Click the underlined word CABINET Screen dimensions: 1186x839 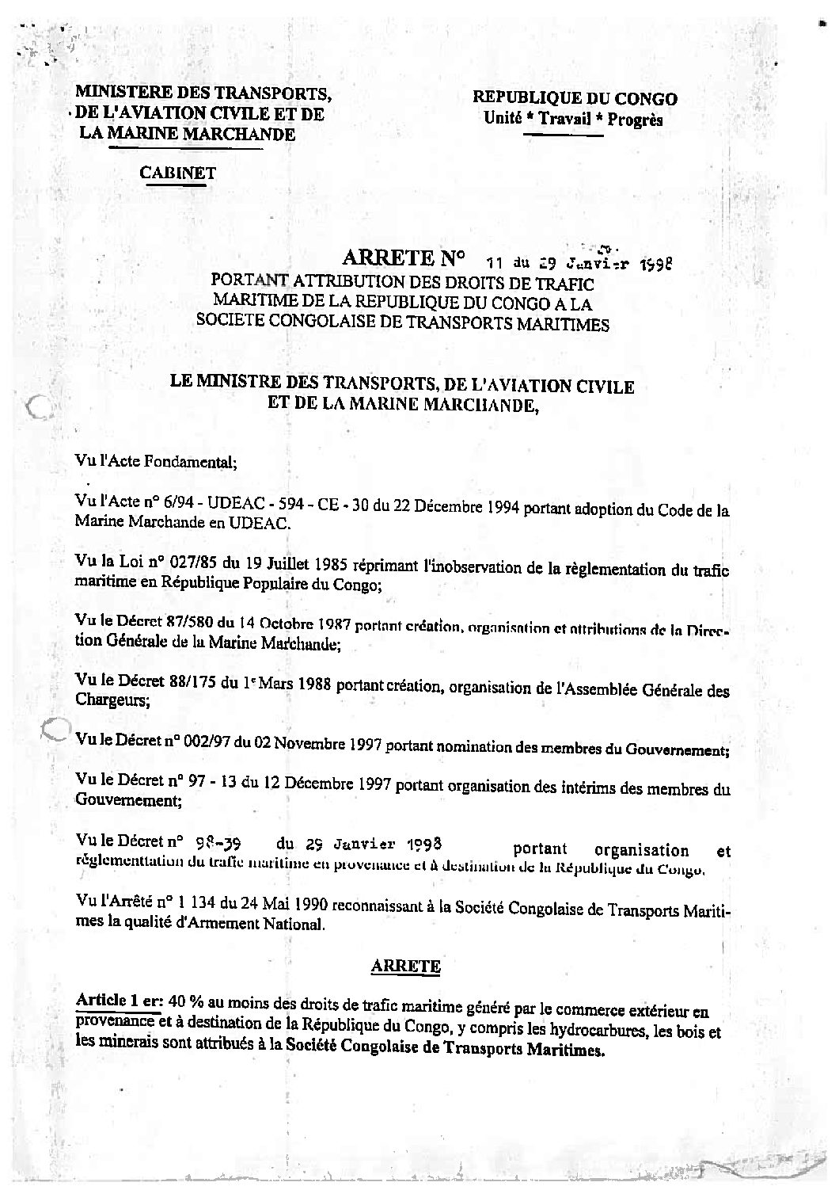coord(177,172)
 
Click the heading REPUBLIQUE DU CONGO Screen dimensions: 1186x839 coord(575,99)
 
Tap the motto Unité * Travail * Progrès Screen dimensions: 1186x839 coord(574,120)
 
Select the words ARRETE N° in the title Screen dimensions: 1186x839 coord(402,258)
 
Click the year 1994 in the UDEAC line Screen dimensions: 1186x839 coord(495,509)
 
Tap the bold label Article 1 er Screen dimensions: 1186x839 coord(119,1001)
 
